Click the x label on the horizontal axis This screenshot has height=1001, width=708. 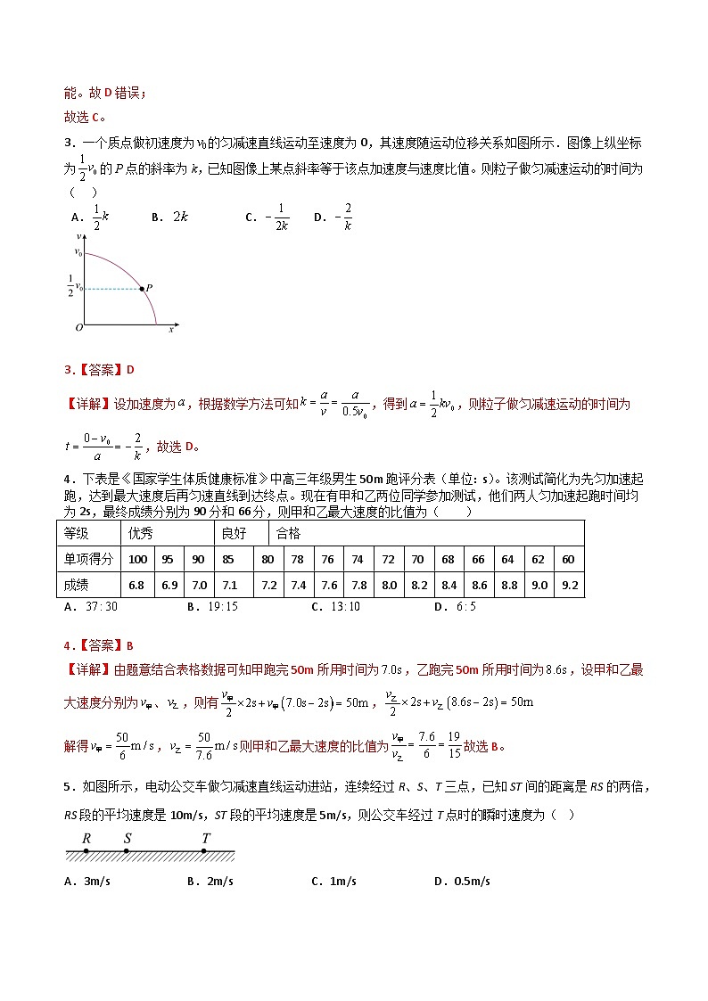point(171,329)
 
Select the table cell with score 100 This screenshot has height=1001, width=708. point(137,559)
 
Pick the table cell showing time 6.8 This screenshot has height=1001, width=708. point(137,585)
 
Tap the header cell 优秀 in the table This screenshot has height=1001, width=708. point(141,533)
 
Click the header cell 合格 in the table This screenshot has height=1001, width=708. point(289,533)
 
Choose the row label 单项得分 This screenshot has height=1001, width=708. point(88,559)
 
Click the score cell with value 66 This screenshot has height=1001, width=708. point(478,559)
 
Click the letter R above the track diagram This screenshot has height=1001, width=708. point(86,838)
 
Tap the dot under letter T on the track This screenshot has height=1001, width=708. point(204,851)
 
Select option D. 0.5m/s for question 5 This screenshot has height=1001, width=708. point(462,882)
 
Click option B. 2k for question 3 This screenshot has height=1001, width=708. point(169,217)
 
